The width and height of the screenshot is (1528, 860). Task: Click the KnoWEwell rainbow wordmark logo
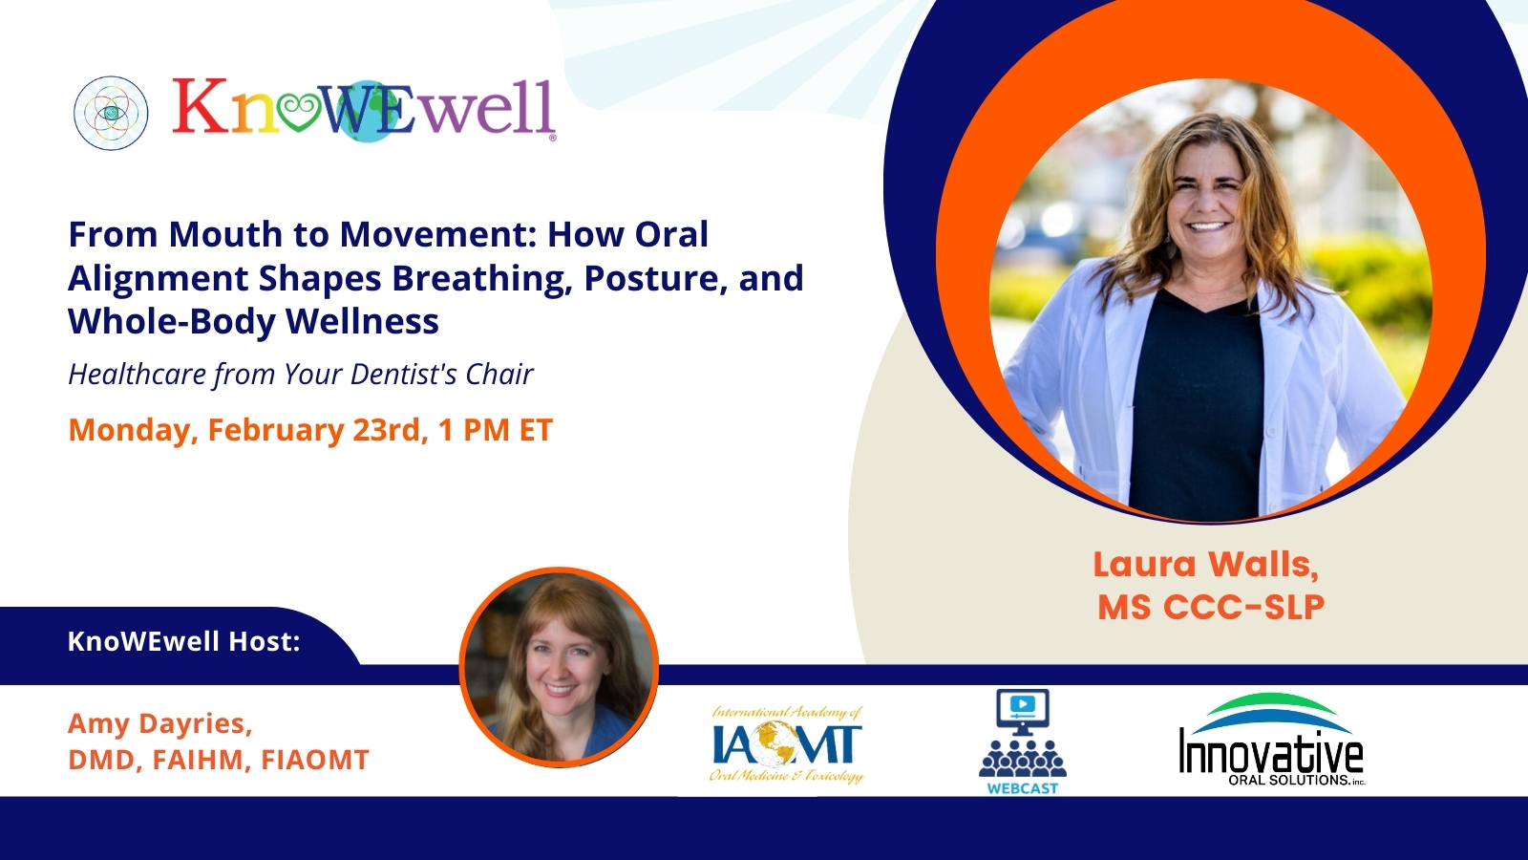(364, 109)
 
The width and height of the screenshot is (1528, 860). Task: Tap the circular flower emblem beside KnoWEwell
(111, 113)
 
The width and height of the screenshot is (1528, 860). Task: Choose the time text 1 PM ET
(496, 430)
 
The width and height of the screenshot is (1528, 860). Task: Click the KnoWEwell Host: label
(184, 641)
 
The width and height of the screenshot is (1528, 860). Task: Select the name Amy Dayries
(160, 723)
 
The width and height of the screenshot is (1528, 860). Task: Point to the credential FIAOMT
(315, 760)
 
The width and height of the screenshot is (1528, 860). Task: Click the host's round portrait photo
(560, 669)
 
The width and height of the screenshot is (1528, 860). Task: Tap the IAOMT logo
(787, 744)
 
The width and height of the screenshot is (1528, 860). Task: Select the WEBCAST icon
(1023, 742)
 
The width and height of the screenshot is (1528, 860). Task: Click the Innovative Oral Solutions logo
(1271, 740)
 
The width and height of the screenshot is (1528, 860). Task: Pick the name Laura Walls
(1206, 565)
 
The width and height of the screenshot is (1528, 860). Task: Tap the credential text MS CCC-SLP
(1211, 607)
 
